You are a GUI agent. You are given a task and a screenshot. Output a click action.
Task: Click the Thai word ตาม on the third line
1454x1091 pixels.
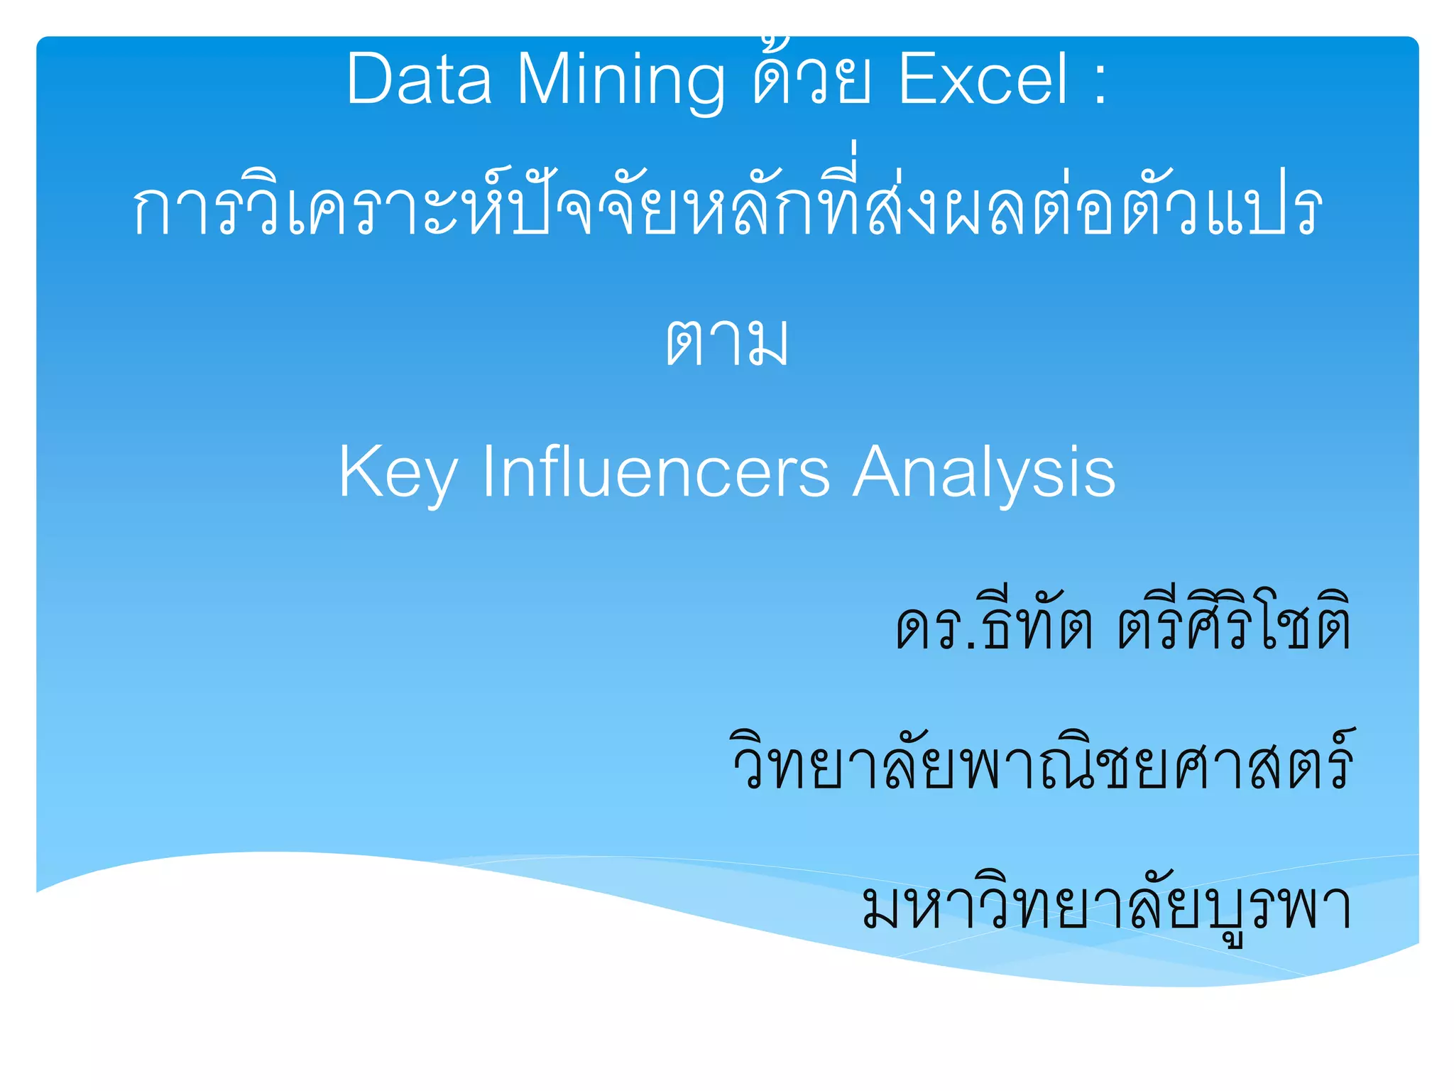click(726, 342)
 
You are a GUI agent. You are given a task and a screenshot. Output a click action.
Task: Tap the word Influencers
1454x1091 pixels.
click(656, 472)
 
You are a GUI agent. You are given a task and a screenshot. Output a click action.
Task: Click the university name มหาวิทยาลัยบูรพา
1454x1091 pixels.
click(1108, 906)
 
